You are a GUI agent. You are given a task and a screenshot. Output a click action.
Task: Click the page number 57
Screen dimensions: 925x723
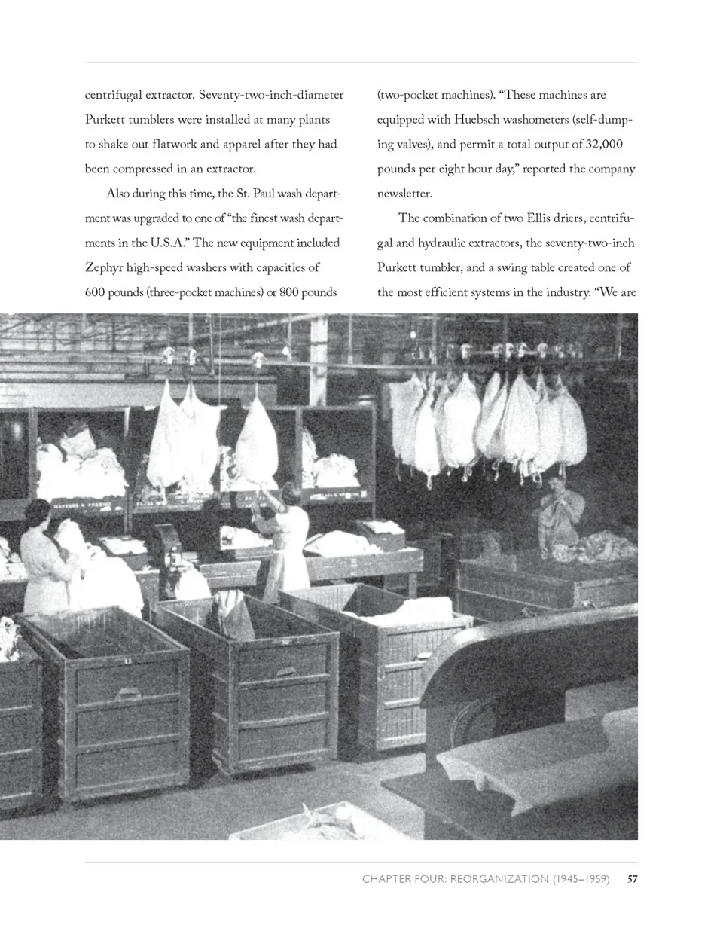click(x=633, y=878)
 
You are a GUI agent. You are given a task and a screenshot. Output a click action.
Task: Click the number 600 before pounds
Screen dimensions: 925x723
click(x=96, y=292)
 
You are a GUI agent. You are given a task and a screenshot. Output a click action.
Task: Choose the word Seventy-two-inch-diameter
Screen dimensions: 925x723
click(x=271, y=95)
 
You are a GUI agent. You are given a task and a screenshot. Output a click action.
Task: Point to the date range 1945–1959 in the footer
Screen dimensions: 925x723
click(x=581, y=878)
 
